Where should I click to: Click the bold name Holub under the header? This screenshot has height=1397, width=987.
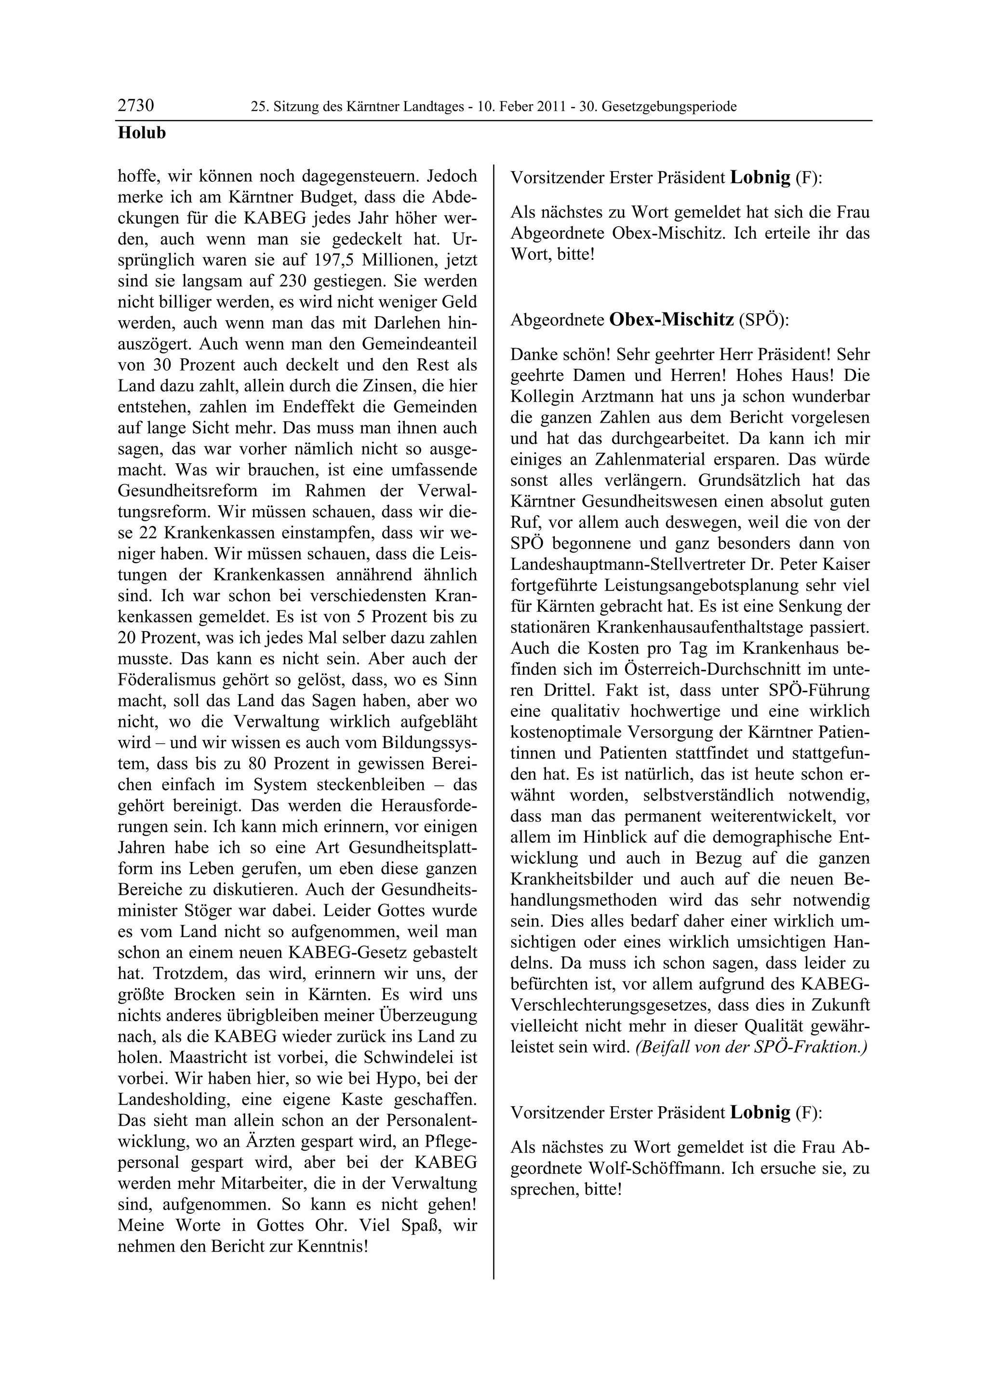(141, 133)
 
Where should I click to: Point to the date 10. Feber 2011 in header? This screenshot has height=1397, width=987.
(523, 107)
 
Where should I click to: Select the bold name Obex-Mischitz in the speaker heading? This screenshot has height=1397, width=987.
(671, 320)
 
